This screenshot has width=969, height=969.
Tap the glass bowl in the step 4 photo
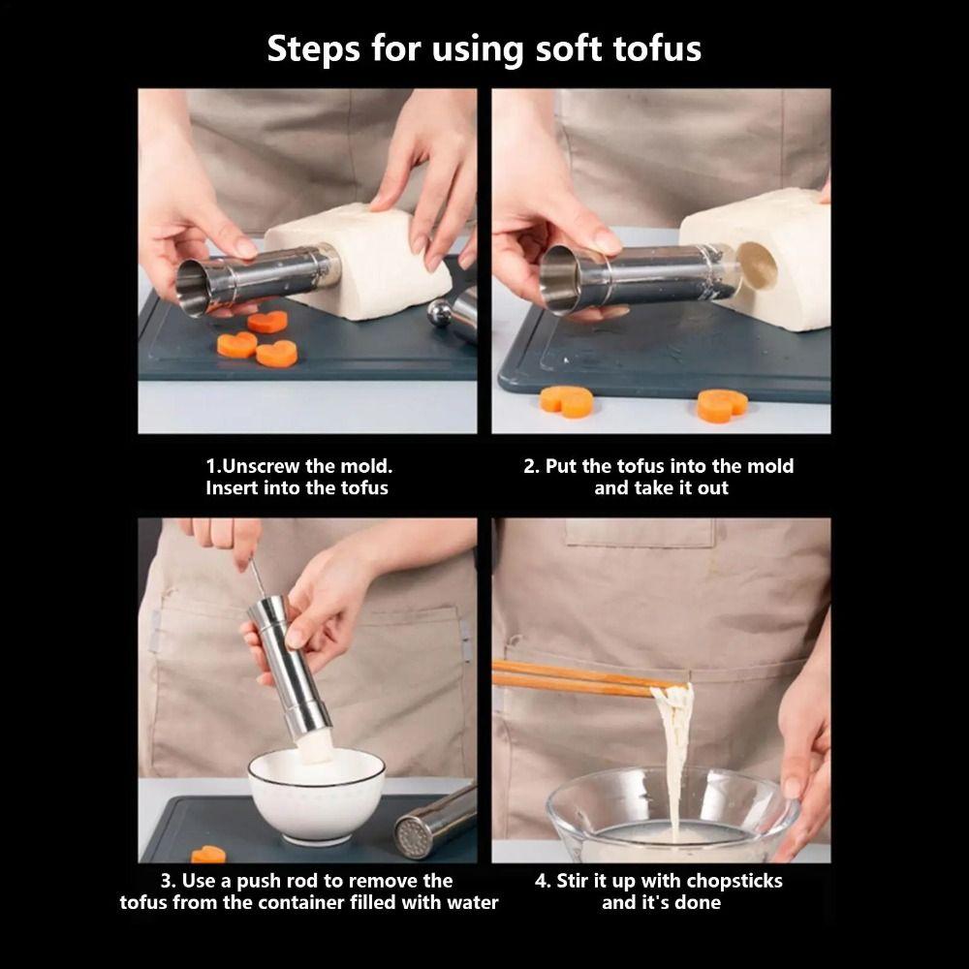669,814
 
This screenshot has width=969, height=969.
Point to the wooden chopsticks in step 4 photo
572,678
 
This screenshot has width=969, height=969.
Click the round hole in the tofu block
757,266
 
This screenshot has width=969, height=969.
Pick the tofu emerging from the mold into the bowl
315,746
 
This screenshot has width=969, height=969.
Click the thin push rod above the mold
257,578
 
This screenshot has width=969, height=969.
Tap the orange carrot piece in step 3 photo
208,855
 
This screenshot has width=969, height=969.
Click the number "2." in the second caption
531,466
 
